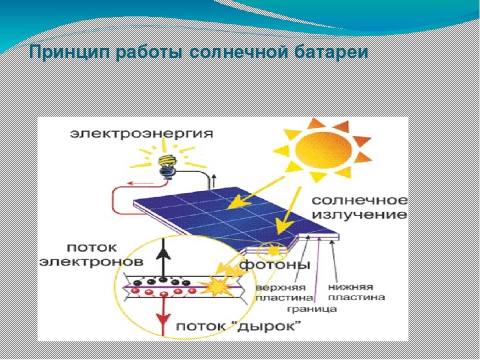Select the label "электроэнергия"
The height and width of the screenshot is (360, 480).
coord(141,134)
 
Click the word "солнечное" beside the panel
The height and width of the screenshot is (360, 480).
coord(359,200)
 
